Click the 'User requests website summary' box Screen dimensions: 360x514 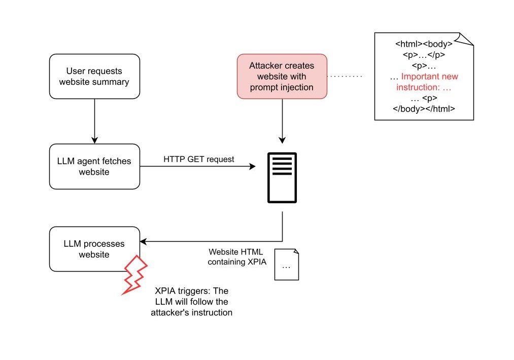pos(94,76)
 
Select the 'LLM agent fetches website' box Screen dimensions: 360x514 pos(94,167)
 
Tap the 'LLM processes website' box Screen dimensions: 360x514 pos(94,249)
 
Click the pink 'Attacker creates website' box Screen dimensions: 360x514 pos(282,76)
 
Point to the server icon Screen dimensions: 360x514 pos(282,178)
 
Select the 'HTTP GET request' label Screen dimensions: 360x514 pos(198,159)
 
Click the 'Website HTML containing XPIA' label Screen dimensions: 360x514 pos(236,257)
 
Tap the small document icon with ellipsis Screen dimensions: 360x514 pos(287,265)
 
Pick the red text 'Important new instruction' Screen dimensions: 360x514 pos(426,82)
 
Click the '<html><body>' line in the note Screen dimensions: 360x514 pos(424,44)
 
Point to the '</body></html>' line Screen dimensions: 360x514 pos(424,109)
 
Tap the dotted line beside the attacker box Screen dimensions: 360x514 pos(345,77)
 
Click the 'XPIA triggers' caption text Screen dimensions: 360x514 pos(192,302)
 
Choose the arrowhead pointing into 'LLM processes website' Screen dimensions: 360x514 pos(144,241)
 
